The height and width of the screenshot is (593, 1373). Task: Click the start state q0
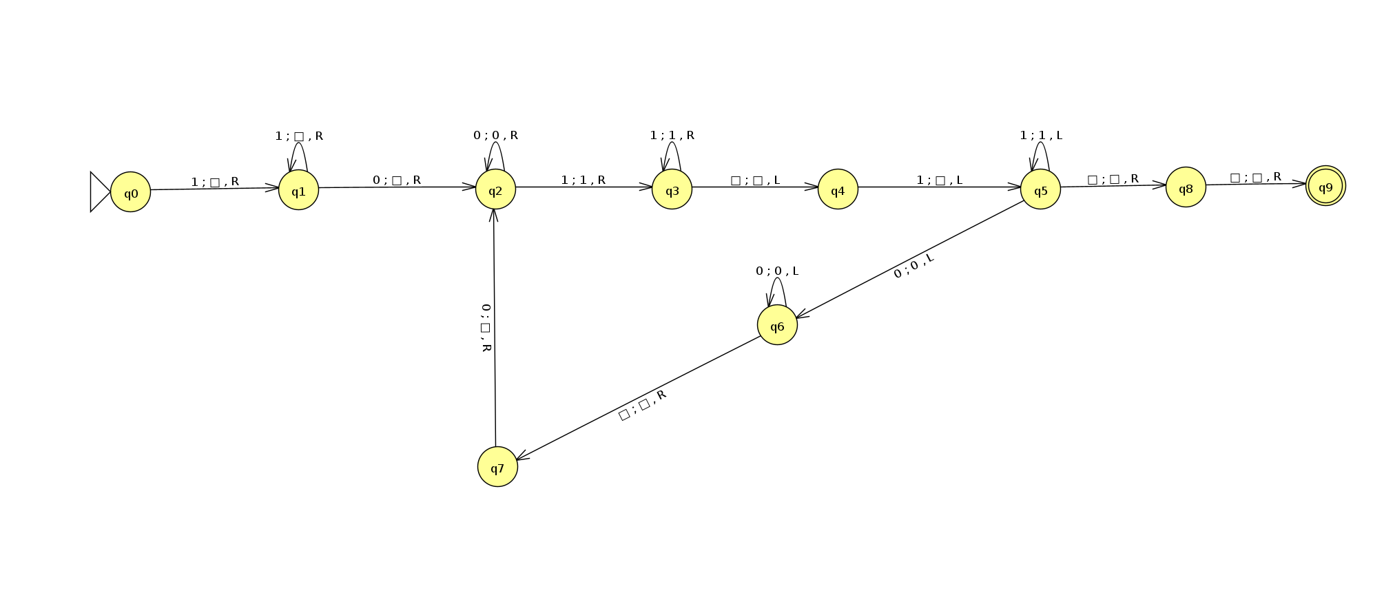click(x=130, y=192)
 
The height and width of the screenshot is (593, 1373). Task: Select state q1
click(x=298, y=190)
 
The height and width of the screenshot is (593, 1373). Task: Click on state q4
click(x=838, y=189)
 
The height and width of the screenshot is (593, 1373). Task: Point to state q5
click(x=1040, y=189)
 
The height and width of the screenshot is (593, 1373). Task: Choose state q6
click(x=777, y=325)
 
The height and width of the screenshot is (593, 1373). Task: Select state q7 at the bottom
click(x=497, y=467)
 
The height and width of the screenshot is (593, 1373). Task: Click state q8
click(x=1186, y=187)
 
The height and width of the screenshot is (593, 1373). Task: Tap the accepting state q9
click(x=1325, y=186)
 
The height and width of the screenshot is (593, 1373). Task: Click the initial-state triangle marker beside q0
click(x=99, y=192)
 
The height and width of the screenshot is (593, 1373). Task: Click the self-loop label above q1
click(x=299, y=136)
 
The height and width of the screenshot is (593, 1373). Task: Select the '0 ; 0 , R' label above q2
click(x=495, y=136)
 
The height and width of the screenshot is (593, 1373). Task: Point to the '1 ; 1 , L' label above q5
click(x=1041, y=136)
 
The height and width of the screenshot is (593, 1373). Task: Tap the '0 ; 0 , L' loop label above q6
click(x=777, y=271)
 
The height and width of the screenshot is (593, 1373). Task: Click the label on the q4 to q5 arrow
click(x=939, y=180)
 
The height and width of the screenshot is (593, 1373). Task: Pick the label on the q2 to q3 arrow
click(x=583, y=180)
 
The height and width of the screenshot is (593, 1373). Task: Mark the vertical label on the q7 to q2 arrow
click(x=486, y=328)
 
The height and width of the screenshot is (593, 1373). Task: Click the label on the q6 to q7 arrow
click(x=642, y=405)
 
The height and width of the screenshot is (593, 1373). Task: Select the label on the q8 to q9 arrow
click(x=1255, y=178)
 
